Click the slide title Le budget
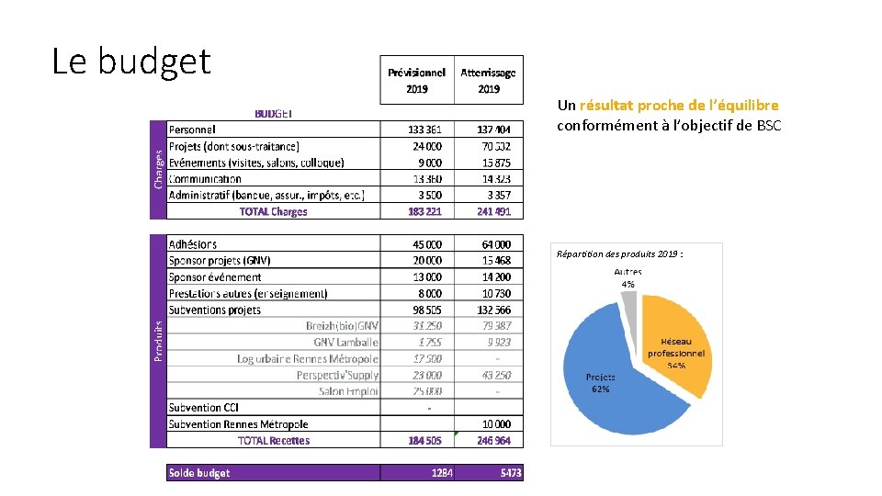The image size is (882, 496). coord(131,62)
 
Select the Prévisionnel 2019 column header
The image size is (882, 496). coord(416,80)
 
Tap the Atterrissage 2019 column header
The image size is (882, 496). coord(488,80)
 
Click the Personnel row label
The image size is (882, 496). coord(192,130)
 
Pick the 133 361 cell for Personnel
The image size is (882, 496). coord(424,130)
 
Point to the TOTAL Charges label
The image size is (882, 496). coord(273,211)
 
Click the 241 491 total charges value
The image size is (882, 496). coord(493,211)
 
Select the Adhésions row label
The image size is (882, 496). coord(193,244)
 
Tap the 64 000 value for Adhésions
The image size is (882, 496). coord(495,244)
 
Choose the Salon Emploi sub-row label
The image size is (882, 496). coord(348,391)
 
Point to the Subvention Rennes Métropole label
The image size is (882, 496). coord(238,424)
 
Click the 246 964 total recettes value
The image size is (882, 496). coord(493,441)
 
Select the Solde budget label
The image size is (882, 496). coord(199,473)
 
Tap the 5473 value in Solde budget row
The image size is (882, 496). coord(510,473)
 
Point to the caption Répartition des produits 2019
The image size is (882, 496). coord(619,254)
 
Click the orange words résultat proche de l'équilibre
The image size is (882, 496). coord(679,106)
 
